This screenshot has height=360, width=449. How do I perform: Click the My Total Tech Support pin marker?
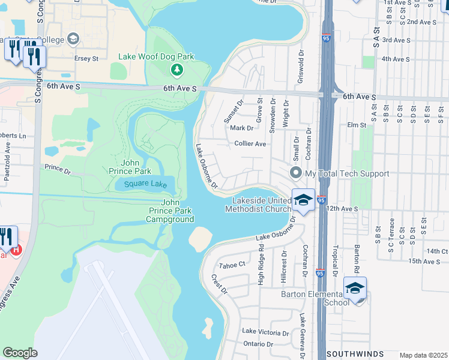(295, 173)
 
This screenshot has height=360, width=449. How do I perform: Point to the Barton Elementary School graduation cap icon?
(355, 289)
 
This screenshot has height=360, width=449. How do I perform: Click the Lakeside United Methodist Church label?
(258, 205)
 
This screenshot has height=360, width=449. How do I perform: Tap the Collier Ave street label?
(250, 144)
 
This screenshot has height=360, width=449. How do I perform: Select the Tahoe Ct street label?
(233, 265)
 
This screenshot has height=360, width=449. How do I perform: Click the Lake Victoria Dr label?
(266, 331)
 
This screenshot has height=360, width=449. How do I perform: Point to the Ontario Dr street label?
(258, 344)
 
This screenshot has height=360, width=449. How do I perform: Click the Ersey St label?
(86, 59)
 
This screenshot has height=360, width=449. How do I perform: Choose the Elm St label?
(357, 125)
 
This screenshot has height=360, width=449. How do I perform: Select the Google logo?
(20, 353)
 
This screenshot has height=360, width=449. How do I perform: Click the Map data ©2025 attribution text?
(423, 355)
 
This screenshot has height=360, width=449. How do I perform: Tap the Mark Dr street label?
(242, 128)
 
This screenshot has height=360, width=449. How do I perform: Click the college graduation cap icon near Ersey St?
(74, 40)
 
